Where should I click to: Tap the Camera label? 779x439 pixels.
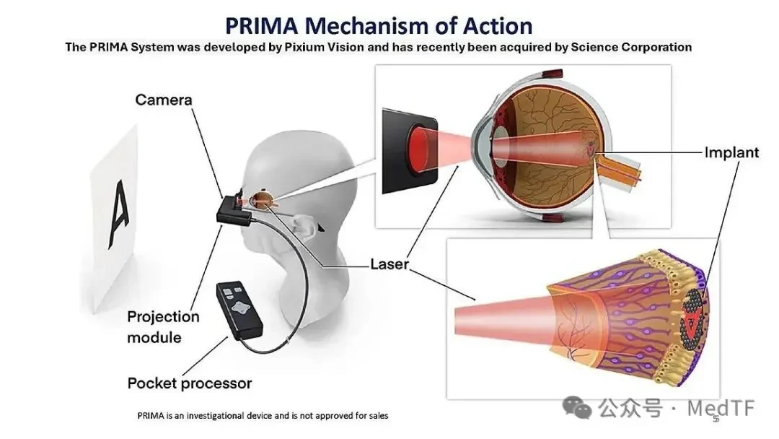coord(164,100)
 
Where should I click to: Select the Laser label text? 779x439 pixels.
coord(389,264)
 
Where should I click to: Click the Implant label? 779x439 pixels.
coord(731,152)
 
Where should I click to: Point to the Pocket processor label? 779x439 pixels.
coord(189,383)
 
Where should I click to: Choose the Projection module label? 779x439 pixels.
coord(163,326)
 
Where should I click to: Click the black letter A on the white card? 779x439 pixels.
coord(119,214)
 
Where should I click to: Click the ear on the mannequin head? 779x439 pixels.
coord(302,225)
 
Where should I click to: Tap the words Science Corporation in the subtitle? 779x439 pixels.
coord(631,47)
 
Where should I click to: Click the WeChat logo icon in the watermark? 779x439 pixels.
coord(577,408)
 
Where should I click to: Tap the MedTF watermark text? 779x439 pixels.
coord(721,408)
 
